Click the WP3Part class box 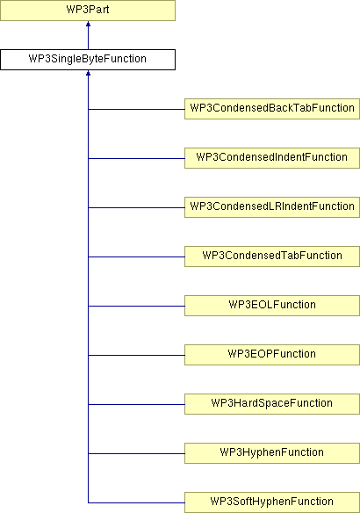(88, 11)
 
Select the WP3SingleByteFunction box (88, 60)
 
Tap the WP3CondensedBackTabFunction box (272, 109)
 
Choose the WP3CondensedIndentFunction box (272, 158)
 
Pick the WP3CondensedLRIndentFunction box (272, 207)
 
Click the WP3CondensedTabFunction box (272, 256)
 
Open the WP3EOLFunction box (272, 306)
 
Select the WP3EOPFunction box (272, 355)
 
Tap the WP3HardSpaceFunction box (272, 404)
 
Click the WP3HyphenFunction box (272, 453)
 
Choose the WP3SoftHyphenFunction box (272, 502)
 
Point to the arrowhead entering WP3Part (88, 24)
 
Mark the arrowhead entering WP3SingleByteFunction (88, 73)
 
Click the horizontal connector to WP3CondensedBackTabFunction (136, 109)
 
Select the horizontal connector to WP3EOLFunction (136, 306)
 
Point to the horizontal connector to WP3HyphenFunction (136, 453)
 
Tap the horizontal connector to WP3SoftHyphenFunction (136, 502)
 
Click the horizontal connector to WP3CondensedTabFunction (136, 256)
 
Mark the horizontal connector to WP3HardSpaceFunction (136, 404)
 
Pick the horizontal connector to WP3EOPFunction (136, 355)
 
